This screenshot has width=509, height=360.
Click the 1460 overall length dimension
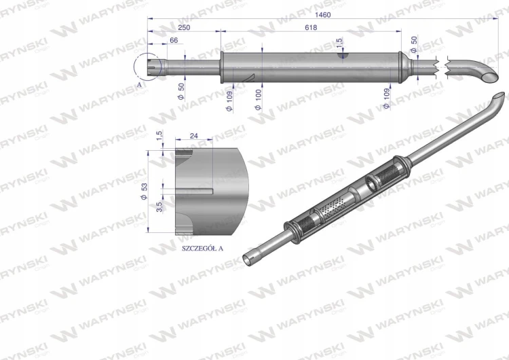pos(322,15)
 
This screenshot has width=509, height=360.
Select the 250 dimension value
pos(184,28)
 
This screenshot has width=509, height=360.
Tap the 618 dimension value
pos(311,28)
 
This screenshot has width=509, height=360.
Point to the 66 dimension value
pos(174,40)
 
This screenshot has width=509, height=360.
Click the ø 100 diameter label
pos(259,100)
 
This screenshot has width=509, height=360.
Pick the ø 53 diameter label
pos(144,192)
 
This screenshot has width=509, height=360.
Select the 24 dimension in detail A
pos(194,135)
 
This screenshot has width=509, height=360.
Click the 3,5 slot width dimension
pos(159,207)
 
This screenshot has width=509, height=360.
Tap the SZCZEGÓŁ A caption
pos(202,248)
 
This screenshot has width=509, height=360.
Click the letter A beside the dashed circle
pos(139,84)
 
